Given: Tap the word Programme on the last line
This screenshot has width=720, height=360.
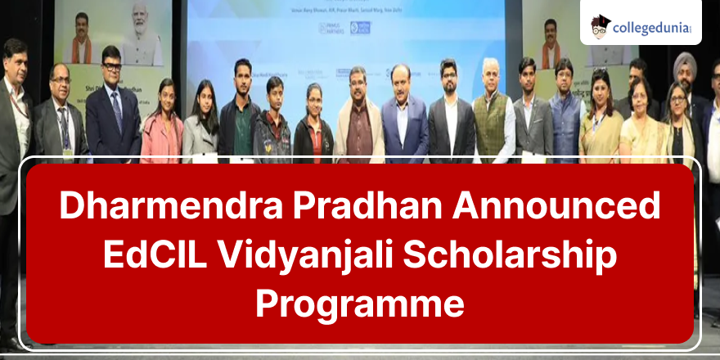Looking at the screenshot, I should click(360, 304).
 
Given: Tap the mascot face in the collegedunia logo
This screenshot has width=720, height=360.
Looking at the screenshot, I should click(601, 25).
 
